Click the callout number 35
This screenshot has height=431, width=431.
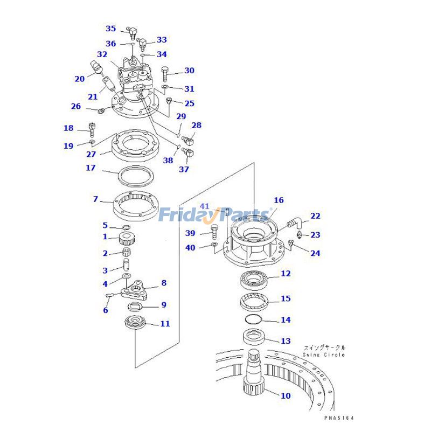[x=110, y=29]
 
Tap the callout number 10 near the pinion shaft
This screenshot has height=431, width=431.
[x=286, y=395]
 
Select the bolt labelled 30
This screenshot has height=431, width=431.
[x=165, y=72]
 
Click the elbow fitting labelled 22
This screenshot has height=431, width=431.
[x=294, y=221]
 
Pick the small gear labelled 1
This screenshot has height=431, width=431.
[x=125, y=237]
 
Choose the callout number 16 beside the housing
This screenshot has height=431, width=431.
[x=278, y=200]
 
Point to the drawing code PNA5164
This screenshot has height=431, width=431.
[x=340, y=418]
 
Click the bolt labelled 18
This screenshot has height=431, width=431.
[x=92, y=129]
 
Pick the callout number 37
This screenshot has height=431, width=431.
[x=184, y=169]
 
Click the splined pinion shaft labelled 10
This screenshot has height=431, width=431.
[x=253, y=372]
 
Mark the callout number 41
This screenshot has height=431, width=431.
[x=205, y=206]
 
